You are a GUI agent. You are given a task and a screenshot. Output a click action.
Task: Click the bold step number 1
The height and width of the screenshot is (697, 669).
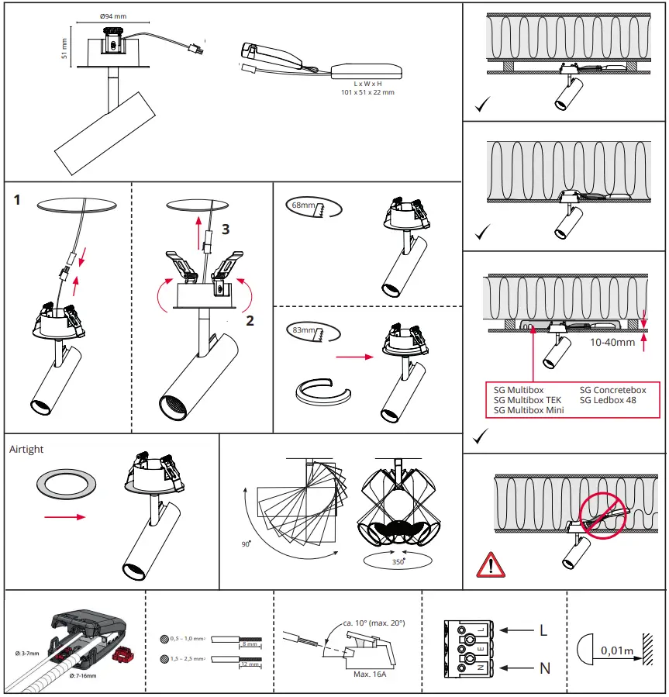(x=17, y=200)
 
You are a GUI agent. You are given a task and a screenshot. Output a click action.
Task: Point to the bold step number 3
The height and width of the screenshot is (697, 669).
(x=226, y=229)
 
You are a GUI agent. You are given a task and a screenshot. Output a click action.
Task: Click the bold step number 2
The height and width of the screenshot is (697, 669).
(x=250, y=319)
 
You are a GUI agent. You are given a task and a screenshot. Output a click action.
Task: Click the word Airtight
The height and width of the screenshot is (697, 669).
(x=26, y=449)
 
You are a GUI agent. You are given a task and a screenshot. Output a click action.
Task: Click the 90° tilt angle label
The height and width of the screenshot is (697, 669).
(x=246, y=544)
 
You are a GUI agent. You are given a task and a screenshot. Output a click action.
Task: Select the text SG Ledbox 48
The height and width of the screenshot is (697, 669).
(x=609, y=400)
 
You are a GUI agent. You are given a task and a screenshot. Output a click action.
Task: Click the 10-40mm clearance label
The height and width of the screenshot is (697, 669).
(x=612, y=341)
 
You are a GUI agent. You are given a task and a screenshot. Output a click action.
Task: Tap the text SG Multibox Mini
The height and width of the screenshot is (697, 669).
(x=528, y=409)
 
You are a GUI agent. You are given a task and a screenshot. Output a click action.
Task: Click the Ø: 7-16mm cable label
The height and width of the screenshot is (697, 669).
(x=82, y=676)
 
